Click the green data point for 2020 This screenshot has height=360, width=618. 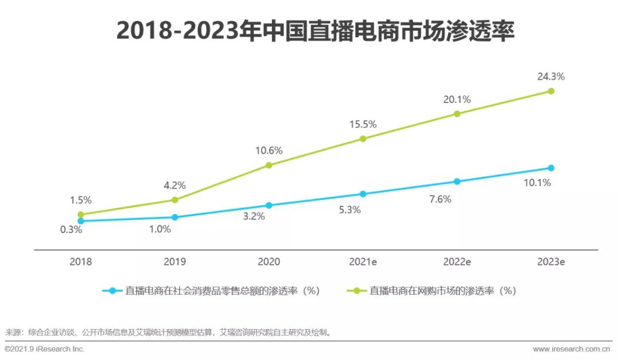click(x=269, y=165)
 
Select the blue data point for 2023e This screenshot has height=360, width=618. click(x=551, y=168)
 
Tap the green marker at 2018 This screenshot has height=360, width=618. click(x=81, y=215)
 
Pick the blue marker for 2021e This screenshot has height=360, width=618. click(x=363, y=194)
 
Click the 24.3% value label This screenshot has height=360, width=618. click(x=551, y=76)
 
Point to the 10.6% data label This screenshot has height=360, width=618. click(x=269, y=151)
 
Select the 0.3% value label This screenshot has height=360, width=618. click(x=72, y=230)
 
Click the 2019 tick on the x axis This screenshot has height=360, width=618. click(x=175, y=262)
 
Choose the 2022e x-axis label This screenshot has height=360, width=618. click(x=457, y=262)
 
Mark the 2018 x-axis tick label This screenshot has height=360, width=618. click(x=81, y=262)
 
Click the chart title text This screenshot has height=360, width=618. click(x=315, y=32)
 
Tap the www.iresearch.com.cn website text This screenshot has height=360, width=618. click(x=571, y=349)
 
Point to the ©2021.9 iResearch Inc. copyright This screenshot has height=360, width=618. click(x=45, y=349)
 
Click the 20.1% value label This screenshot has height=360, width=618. click(x=457, y=100)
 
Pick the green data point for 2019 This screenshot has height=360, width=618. click(x=175, y=200)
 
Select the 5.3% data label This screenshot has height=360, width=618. click(x=349, y=209)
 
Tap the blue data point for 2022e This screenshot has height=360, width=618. click(x=457, y=181)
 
